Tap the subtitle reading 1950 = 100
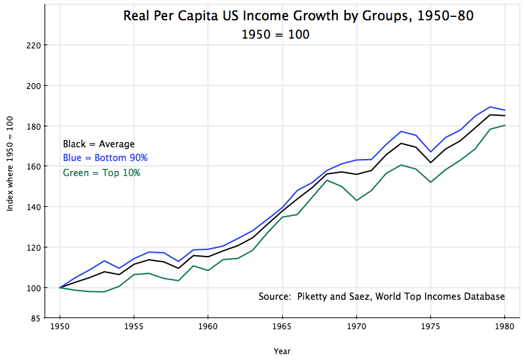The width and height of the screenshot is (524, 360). (275, 34)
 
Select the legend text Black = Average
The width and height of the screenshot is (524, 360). (99, 144)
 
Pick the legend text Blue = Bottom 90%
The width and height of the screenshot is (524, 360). (105, 158)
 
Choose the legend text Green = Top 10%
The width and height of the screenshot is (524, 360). (102, 173)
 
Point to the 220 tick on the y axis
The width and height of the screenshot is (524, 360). (33, 45)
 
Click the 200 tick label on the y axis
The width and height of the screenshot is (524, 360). (33, 86)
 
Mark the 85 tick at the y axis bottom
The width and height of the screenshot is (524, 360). (35, 319)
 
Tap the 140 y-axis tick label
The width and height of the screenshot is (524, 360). (33, 207)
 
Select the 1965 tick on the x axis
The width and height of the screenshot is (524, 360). (282, 325)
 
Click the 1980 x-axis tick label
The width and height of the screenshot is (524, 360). (505, 325)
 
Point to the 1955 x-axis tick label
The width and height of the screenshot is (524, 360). (134, 325)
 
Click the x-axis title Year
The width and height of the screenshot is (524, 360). (282, 351)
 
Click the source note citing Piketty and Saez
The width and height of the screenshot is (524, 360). (382, 297)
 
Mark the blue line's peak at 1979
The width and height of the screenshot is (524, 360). (490, 107)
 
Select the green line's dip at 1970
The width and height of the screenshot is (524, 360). (356, 200)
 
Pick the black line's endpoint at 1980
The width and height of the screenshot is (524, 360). (505, 116)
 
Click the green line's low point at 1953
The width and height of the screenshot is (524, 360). (105, 292)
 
